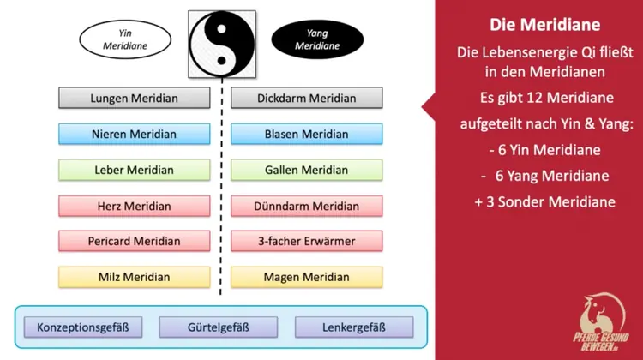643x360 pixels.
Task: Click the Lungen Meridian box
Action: [135, 98]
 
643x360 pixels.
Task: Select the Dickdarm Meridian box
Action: [306, 98]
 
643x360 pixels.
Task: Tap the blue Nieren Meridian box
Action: [135, 134]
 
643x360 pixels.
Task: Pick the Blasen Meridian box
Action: [306, 134]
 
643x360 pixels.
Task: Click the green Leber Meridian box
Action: [135, 170]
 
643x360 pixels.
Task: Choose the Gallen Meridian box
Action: [306, 170]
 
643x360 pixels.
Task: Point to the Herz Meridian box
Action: [135, 206]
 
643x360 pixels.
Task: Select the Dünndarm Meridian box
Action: [306, 206]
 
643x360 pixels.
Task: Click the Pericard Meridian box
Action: [135, 242]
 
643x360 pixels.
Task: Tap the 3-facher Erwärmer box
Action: [306, 242]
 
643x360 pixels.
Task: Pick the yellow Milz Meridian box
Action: [135, 277]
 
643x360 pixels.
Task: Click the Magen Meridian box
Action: [306, 277]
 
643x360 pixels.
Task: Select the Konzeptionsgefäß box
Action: [83, 327]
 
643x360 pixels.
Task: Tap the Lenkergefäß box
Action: [353, 327]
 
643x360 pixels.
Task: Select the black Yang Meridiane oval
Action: [316, 39]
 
